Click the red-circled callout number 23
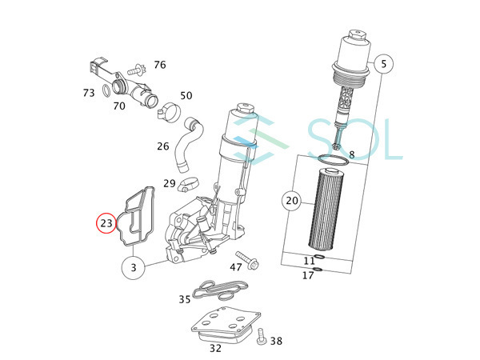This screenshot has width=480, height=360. (x=106, y=223)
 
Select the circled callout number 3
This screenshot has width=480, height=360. (x=133, y=266)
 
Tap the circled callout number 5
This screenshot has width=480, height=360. (x=383, y=63)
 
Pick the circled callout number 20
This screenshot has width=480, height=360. (x=292, y=201)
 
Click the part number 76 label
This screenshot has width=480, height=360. (x=160, y=65)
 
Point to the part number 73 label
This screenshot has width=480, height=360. (x=89, y=93)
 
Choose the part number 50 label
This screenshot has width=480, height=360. (x=186, y=96)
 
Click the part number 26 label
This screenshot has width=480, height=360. (x=163, y=146)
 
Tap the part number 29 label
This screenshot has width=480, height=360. (x=170, y=184)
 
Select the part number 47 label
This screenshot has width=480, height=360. (x=237, y=266)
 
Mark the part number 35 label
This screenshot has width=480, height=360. (x=185, y=299)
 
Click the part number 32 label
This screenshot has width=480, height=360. (x=216, y=348)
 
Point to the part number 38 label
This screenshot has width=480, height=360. (x=276, y=341)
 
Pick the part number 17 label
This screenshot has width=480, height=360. (x=308, y=275)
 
